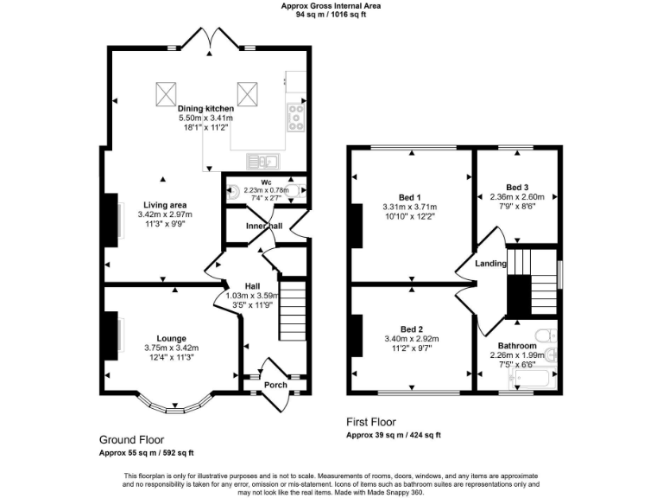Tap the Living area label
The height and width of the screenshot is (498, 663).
click(164, 205)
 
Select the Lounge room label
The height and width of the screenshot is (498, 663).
click(172, 338)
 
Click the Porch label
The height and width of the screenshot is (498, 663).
click(275, 385)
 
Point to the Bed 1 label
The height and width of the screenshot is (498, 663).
click(409, 196)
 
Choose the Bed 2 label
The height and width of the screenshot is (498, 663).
click(409, 329)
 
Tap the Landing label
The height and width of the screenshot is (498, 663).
click(490, 264)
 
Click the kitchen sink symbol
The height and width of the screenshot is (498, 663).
click(260, 160)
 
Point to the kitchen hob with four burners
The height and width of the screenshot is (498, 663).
click(296, 116)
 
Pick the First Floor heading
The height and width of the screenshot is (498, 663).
click(376, 423)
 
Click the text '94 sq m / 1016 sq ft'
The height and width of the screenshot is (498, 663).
click(331, 14)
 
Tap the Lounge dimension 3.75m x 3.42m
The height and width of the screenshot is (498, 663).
click(171, 348)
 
